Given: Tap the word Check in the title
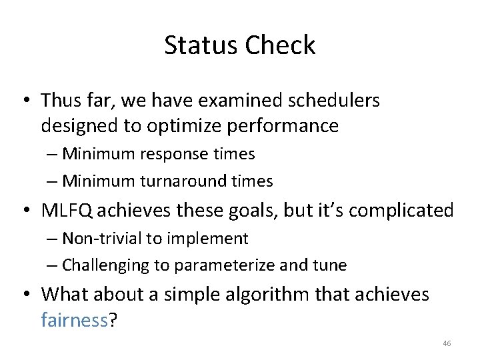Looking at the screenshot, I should (x=280, y=45).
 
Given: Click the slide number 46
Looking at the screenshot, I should (x=447, y=343).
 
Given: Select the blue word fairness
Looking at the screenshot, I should (x=75, y=320).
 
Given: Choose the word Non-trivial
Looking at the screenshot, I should (x=100, y=238).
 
